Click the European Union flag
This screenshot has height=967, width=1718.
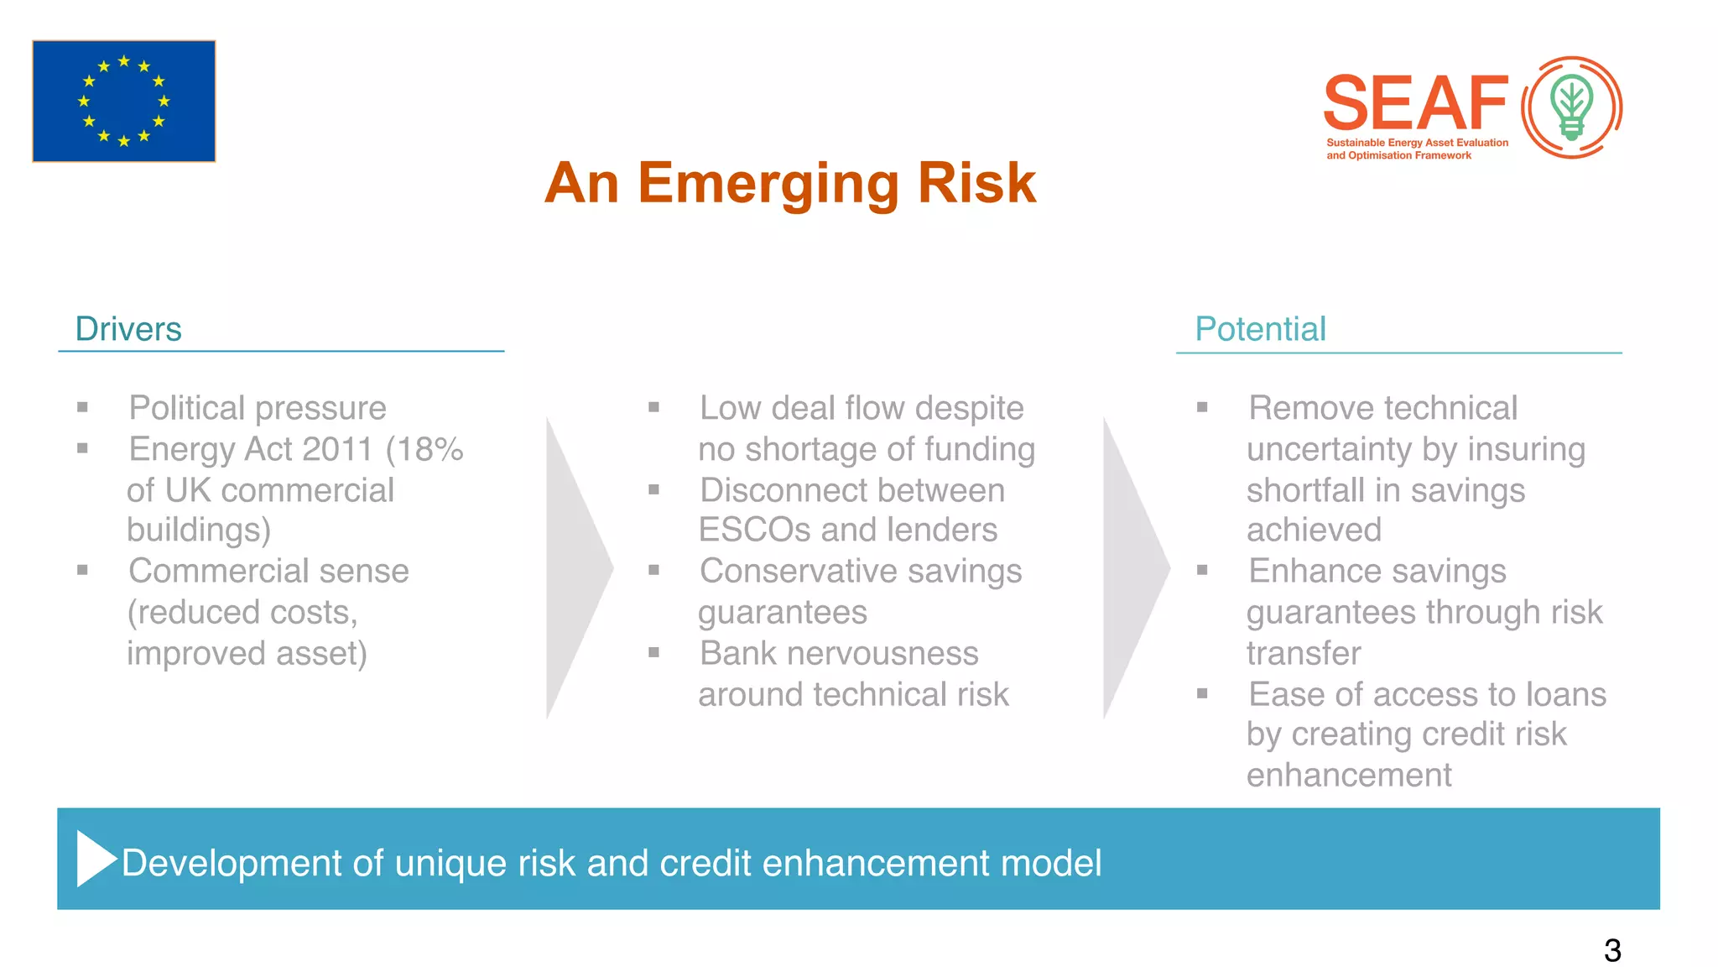(x=124, y=101)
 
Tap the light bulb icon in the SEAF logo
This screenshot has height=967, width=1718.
(x=1571, y=107)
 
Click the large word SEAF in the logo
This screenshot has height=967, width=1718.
(x=1416, y=102)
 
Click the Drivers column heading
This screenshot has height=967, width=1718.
(x=128, y=329)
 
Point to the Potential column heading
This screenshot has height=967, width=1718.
(x=1260, y=329)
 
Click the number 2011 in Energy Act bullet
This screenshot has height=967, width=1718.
(x=336, y=449)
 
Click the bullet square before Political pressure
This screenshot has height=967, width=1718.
(x=82, y=408)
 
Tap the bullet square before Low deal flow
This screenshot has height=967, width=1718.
(x=653, y=408)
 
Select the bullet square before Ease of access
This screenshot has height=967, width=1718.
(x=1202, y=694)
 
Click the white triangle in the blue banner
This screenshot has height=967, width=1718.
(x=94, y=858)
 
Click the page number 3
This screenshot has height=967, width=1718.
(x=1611, y=950)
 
